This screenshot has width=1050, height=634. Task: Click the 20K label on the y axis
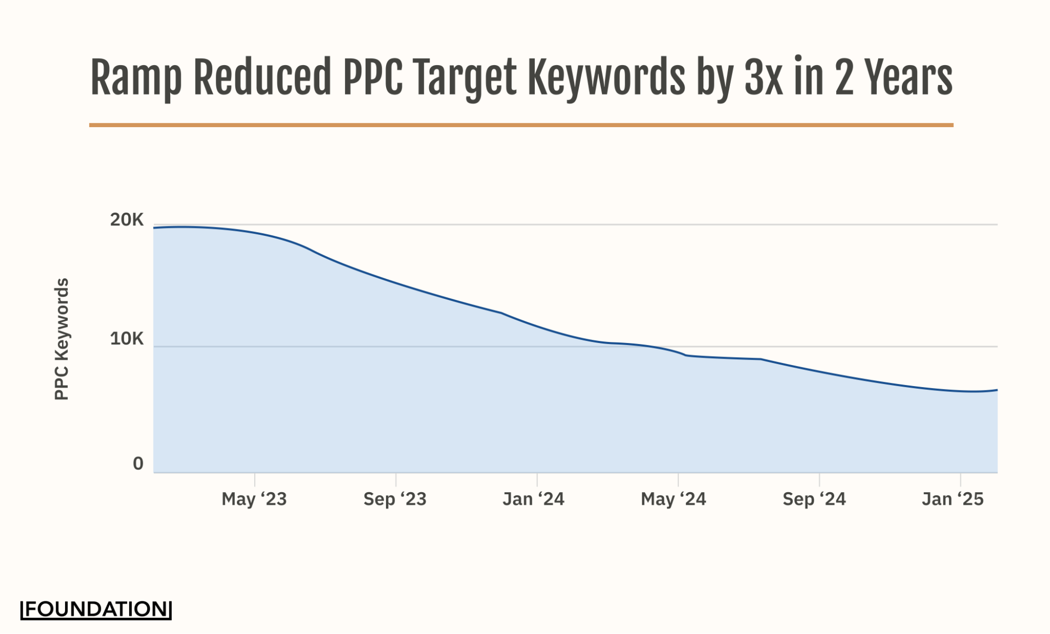[127, 220]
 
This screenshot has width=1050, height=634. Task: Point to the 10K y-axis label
[127, 339]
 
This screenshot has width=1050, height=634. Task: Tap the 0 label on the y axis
[138, 464]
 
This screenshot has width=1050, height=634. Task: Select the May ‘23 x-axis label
[254, 499]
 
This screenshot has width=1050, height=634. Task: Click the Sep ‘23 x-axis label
[395, 499]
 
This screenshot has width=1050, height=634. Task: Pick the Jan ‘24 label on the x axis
[534, 499]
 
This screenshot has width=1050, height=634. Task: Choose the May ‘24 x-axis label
[673, 499]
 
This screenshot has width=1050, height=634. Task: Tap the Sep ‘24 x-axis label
[814, 499]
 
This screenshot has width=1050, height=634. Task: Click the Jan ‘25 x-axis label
[953, 499]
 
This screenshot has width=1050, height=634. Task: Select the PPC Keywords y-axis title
[62, 339]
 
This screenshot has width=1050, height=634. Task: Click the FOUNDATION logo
[96, 609]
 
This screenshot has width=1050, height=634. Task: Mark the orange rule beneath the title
[521, 125]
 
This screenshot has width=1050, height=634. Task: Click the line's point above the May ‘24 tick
[678, 352]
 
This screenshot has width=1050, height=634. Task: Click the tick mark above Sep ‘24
[819, 479]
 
